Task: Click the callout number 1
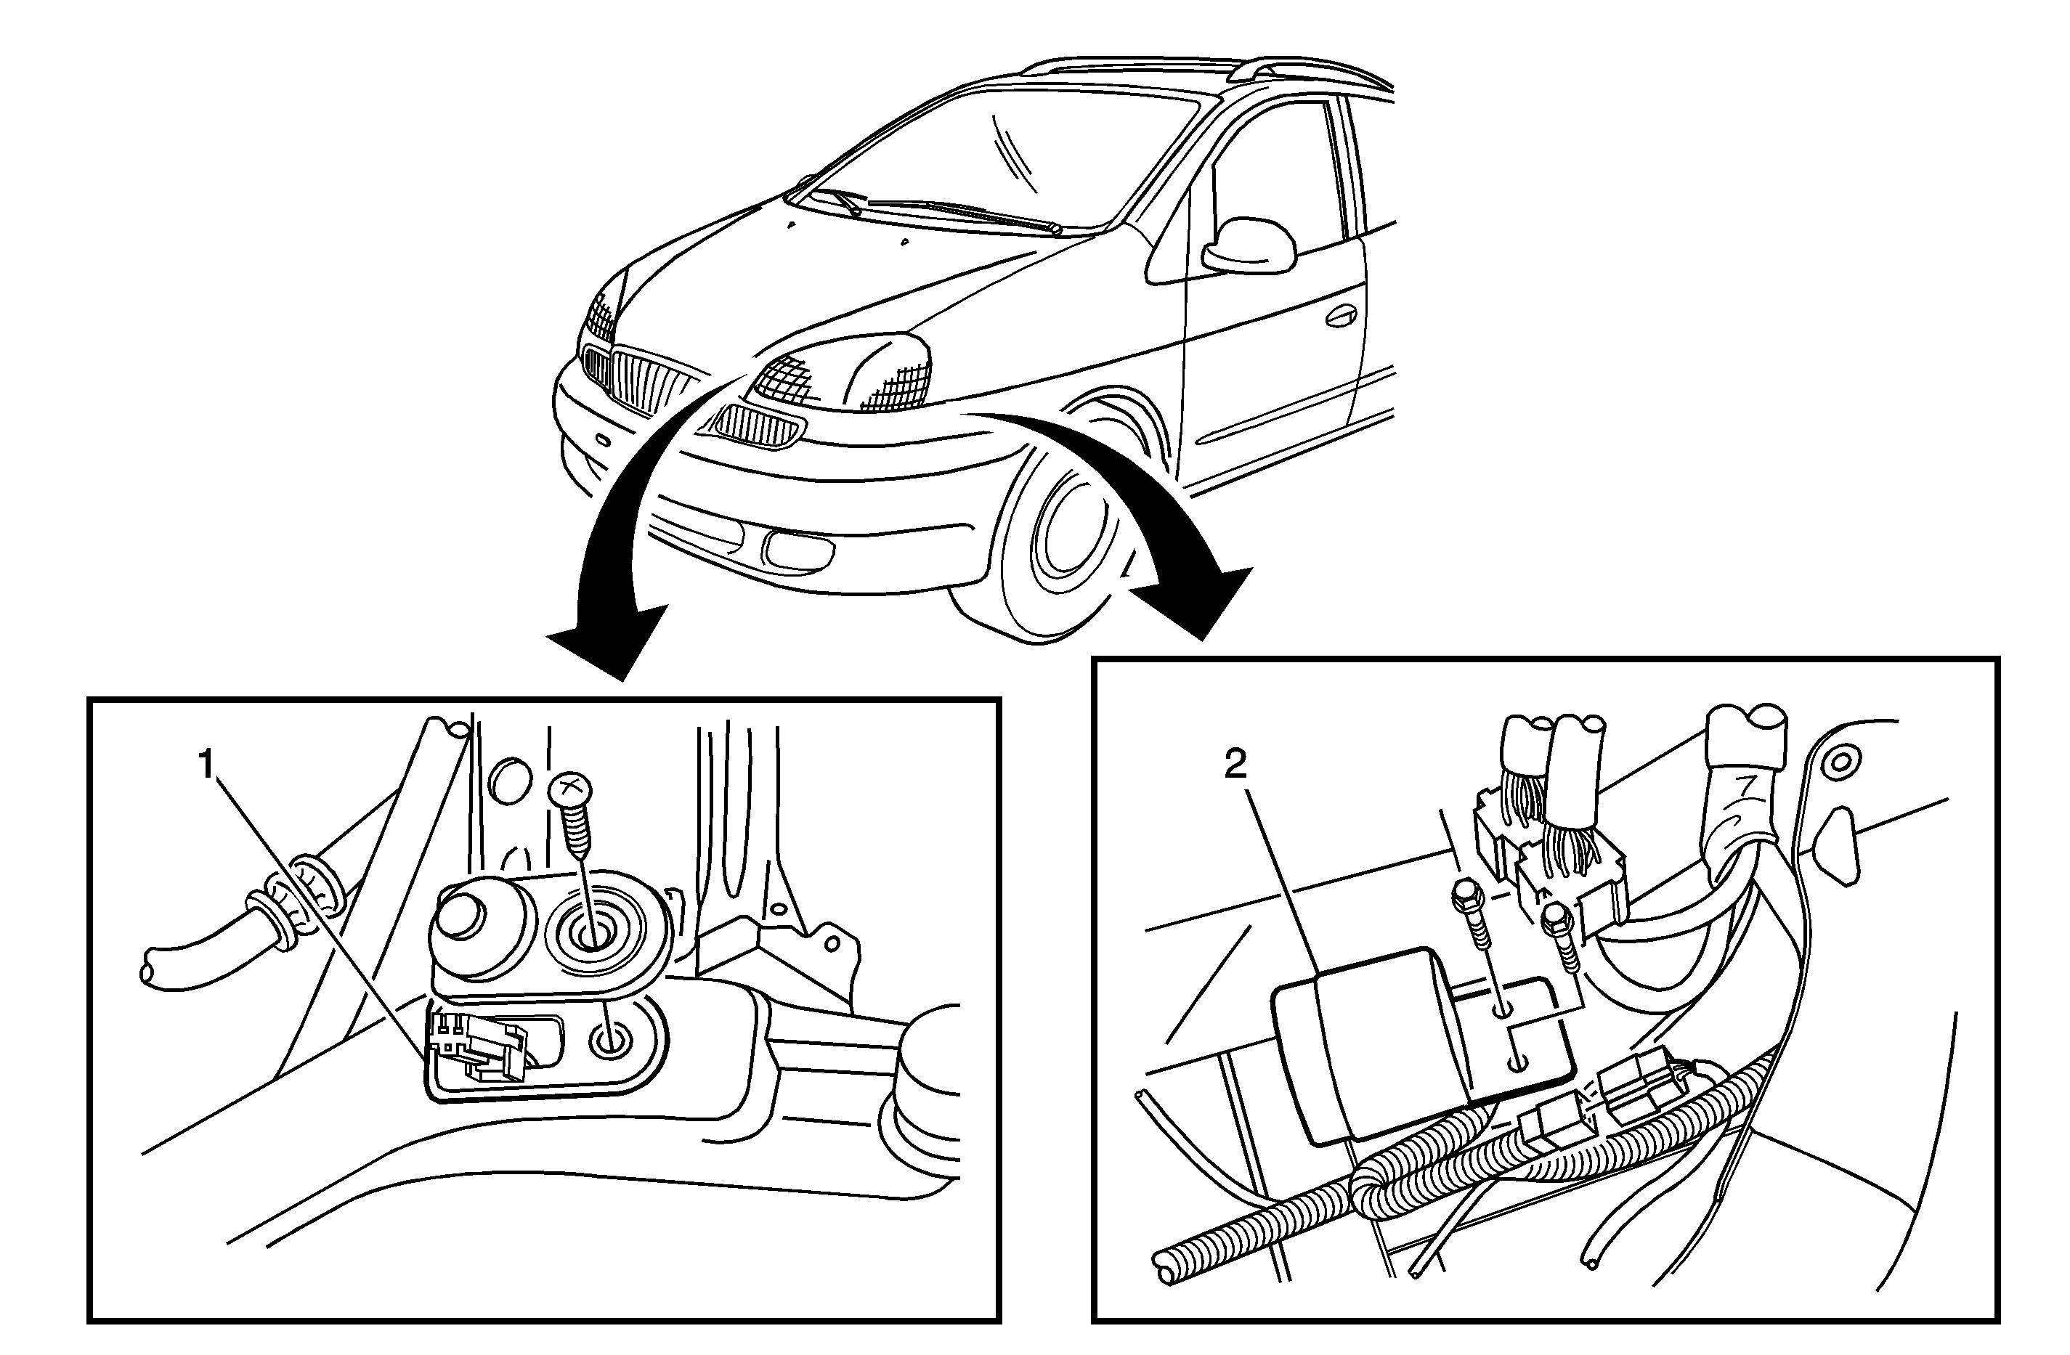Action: click(x=206, y=766)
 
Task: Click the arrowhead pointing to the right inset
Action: click(x=1201, y=600)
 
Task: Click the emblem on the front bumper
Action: click(x=602, y=440)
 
